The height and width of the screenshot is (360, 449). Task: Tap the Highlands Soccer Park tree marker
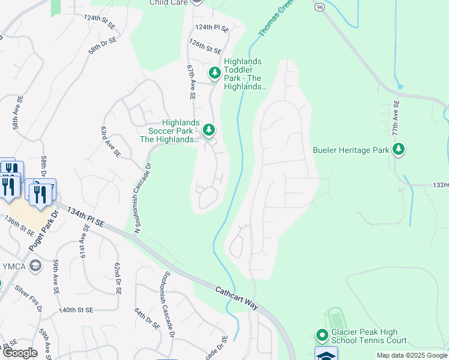(209, 130)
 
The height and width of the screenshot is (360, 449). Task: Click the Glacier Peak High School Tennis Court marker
(322, 335)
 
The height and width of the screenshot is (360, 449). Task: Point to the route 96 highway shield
(319, 5)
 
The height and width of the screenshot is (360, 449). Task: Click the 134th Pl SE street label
(86, 218)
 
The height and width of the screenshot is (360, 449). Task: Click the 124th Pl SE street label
(212, 28)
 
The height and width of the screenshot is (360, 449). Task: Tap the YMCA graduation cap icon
(36, 265)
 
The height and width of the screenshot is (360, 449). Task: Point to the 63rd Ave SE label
(111, 142)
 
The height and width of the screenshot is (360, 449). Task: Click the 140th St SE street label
(76, 310)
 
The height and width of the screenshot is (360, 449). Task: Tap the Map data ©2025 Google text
(412, 355)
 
